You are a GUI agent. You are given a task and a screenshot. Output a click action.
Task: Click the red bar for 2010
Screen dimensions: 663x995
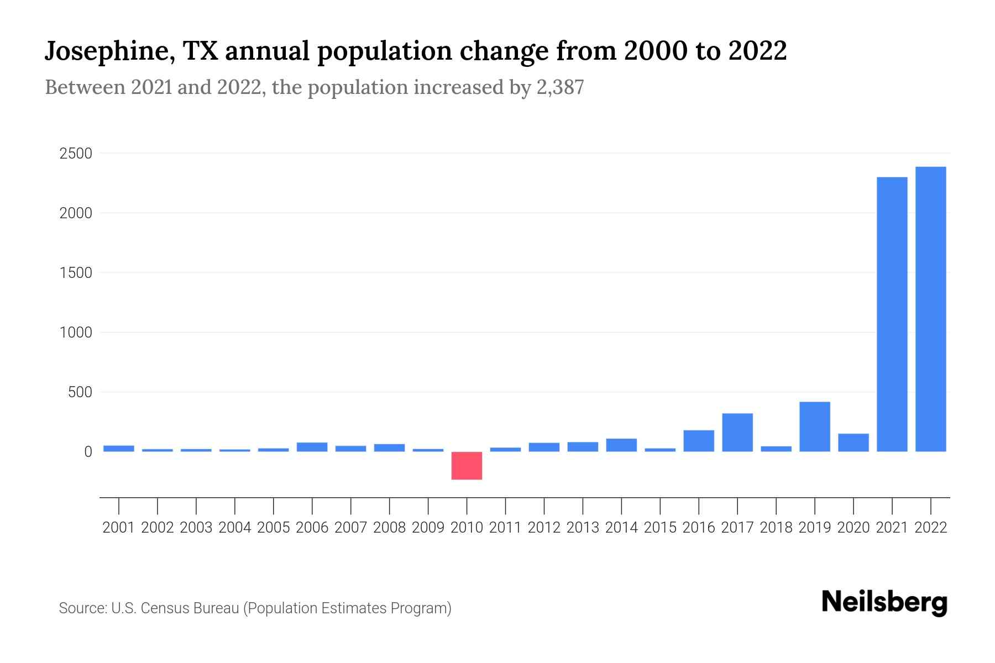tap(467, 465)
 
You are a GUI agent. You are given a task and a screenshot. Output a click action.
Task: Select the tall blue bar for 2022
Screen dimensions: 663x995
tap(930, 309)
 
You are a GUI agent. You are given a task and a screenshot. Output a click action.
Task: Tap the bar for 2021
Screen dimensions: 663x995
tap(892, 314)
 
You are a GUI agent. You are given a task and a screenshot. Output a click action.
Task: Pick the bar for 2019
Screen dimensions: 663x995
tap(814, 427)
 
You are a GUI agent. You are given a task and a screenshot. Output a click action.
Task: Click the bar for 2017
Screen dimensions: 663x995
tap(737, 432)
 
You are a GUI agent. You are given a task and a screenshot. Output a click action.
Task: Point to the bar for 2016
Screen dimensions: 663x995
tap(698, 441)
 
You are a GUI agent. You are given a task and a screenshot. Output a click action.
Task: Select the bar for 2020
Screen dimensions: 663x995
tap(853, 443)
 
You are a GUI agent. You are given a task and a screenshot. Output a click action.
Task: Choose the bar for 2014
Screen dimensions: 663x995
tap(621, 445)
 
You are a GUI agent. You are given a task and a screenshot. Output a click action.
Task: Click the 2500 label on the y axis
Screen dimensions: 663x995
tap(75, 154)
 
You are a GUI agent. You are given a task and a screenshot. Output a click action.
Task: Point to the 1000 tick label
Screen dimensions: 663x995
tap(75, 333)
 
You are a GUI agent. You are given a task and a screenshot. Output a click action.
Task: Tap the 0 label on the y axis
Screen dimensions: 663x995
tap(88, 452)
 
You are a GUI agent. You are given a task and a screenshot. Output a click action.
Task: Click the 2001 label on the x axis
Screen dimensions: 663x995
tap(118, 528)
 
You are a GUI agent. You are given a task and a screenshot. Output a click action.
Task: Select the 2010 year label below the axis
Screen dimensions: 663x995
tap(467, 528)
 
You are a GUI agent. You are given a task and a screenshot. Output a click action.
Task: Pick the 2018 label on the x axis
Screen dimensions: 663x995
tap(776, 528)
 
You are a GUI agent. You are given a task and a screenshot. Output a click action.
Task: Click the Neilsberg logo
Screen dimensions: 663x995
tap(884, 602)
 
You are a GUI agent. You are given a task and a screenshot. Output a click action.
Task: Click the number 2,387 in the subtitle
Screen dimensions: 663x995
tap(560, 87)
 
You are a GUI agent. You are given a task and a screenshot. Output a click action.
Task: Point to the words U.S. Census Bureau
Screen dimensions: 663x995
tap(175, 608)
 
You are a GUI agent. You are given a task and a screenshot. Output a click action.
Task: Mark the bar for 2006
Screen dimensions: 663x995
tap(312, 447)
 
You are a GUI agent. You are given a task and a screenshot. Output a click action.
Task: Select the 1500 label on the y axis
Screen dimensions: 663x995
tap(75, 273)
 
